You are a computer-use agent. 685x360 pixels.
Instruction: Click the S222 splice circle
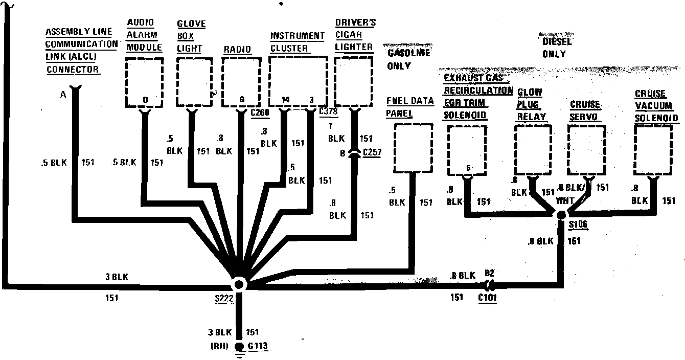tap(238, 285)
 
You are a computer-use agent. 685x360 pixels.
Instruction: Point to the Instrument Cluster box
tap(298, 82)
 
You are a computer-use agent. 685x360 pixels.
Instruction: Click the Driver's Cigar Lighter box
tap(353, 82)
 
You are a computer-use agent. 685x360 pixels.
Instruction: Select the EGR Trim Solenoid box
tap(467, 149)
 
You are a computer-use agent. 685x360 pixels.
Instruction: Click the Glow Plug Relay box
tap(533, 149)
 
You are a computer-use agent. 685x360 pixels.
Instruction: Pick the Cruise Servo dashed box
tap(588, 149)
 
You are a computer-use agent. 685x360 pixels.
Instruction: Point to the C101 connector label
tap(487, 297)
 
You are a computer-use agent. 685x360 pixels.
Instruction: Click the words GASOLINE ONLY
tap(408, 59)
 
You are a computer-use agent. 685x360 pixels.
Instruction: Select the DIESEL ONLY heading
tap(556, 47)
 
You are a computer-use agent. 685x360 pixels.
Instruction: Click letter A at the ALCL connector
tap(63, 94)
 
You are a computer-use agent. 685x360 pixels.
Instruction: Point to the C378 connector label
tap(327, 111)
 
